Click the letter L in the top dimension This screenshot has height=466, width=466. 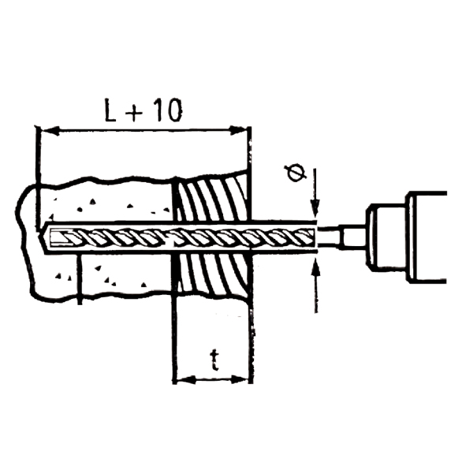pos(110,110)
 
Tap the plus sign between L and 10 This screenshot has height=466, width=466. pos(134,113)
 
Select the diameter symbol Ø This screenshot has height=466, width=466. pos(295,173)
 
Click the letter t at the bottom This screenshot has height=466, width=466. pos(214,360)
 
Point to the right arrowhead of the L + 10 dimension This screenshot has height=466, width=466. pos(239,131)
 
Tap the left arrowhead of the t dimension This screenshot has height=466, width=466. pos(186,379)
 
